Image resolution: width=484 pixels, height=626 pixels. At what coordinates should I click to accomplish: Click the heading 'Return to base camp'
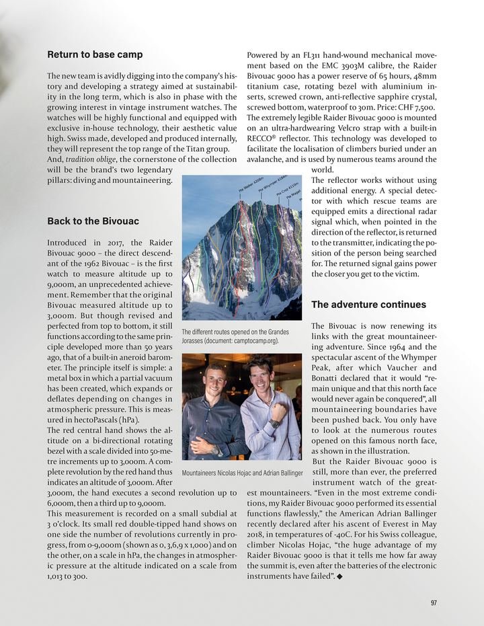94,54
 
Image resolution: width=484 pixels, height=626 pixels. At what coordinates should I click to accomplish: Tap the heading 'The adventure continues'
368,305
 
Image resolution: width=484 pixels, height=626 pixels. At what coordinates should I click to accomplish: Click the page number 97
434,602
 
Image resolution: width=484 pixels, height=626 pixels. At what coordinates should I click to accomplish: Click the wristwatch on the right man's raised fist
275,424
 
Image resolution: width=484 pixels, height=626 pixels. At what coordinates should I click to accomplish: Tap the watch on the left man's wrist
216,450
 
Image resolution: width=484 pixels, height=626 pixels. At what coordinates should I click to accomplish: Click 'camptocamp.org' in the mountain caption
255,341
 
